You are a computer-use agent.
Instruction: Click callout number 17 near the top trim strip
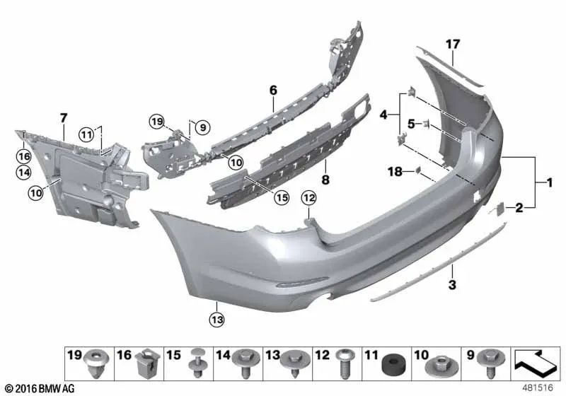tap(453, 45)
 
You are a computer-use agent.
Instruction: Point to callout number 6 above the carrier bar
tap(273, 90)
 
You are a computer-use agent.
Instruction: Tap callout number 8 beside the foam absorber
tap(325, 180)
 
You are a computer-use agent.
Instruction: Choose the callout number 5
tap(411, 124)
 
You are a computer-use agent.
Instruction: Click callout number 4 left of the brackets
tap(384, 115)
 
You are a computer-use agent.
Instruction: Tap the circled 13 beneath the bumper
tap(216, 320)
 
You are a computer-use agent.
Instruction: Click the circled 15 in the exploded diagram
tap(282, 199)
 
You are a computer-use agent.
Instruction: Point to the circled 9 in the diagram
tap(202, 127)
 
